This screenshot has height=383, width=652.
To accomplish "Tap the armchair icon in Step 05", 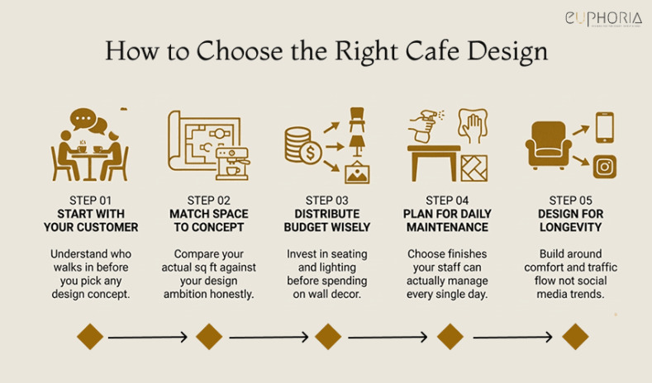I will point(549,146).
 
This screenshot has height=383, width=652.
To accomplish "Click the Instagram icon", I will point(606,166).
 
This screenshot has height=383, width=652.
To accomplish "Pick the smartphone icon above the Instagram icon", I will point(605,126).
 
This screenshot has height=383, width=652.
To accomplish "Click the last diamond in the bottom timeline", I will point(575,337).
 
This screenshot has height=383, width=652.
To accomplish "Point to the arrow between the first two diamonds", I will point(148,337).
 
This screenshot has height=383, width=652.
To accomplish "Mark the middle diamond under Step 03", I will point(328,337).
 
